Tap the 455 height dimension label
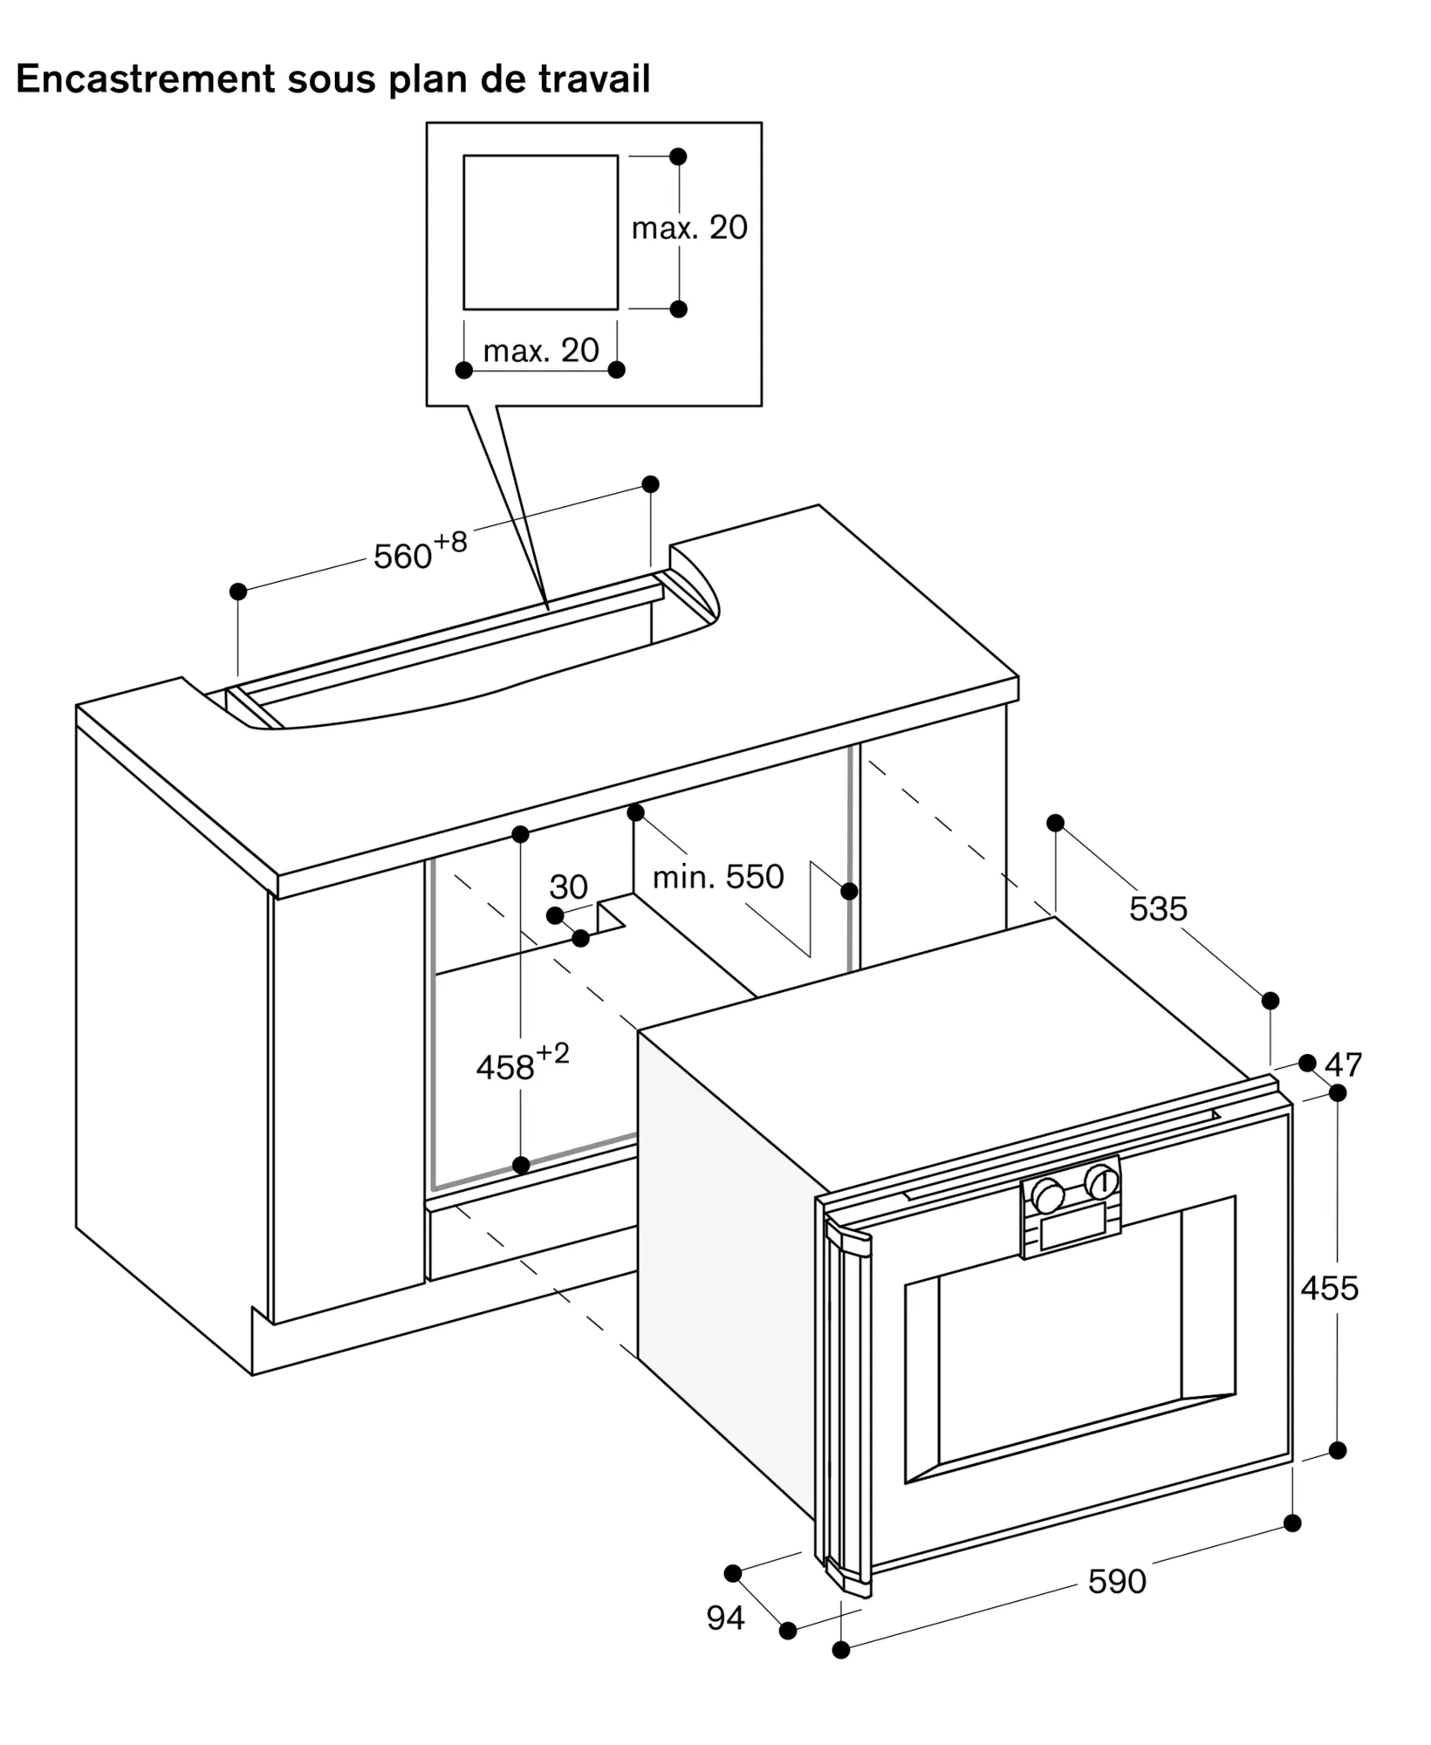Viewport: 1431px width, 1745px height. (x=1329, y=1288)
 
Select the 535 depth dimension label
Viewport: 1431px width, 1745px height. (x=1158, y=909)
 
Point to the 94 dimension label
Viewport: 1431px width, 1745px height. (x=725, y=1618)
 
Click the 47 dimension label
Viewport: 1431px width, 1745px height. (x=1343, y=1064)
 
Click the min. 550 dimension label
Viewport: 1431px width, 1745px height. (x=718, y=877)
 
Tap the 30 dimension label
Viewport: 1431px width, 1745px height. (x=568, y=887)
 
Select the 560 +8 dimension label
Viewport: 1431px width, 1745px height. (x=420, y=552)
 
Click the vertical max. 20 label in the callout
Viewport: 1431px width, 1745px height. (x=689, y=228)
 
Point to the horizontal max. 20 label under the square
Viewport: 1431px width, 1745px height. (x=541, y=351)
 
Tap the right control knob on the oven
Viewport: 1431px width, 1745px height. (x=1101, y=1182)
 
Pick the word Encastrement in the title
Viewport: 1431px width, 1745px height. (x=145, y=79)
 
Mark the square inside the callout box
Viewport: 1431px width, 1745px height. (x=540, y=232)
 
